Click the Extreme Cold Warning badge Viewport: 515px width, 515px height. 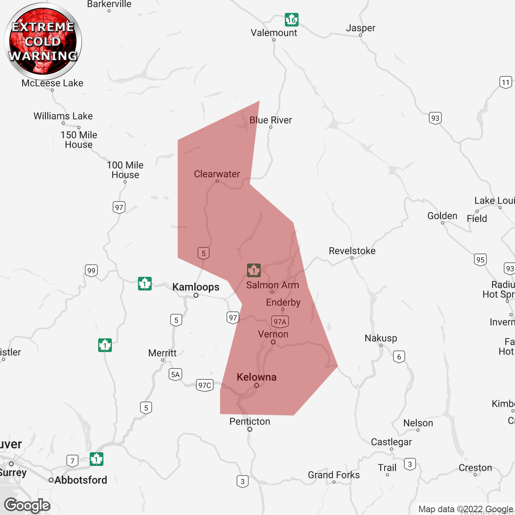click(43, 41)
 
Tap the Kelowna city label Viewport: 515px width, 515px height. click(256, 377)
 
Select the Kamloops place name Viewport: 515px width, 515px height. click(196, 287)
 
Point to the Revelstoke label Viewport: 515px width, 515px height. click(352, 251)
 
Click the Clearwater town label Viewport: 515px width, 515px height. click(217, 174)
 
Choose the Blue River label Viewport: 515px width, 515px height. click(270, 120)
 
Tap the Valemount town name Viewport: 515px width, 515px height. click(274, 33)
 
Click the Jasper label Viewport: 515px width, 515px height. click(360, 28)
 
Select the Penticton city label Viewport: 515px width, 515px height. click(249, 421)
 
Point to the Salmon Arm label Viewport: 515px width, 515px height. click(272, 285)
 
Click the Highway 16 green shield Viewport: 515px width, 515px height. click(292, 19)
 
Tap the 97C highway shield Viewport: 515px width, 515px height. click(204, 385)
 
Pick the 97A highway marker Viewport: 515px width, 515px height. click(280, 321)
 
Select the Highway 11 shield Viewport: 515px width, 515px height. click(506, 82)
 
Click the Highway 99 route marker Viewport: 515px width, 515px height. click(91, 270)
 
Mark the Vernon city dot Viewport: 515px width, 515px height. click(273, 342)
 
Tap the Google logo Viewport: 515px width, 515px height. click(27, 505)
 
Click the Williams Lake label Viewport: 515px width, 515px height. click(63, 116)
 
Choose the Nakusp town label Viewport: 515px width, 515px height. click(381, 338)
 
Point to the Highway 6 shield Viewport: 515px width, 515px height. click(399, 356)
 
